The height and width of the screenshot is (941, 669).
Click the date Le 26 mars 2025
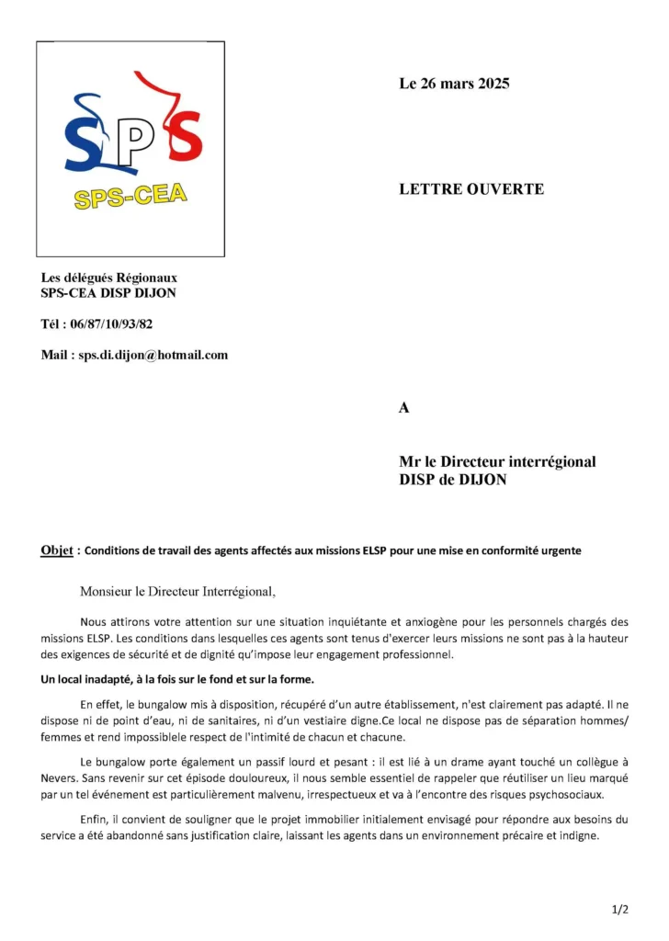pos(454,84)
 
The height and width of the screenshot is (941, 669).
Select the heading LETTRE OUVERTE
pos(471,189)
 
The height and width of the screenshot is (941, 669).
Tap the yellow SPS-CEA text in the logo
pos(130,197)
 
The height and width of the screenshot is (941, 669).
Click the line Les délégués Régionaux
pos(109,278)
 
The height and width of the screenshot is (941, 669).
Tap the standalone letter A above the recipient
pos(404,408)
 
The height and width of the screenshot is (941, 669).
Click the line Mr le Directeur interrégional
pos(497,461)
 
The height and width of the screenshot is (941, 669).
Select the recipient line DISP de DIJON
pos(452,479)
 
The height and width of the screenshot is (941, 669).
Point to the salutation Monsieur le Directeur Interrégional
pos(177,591)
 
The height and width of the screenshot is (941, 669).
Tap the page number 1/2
pos(619,910)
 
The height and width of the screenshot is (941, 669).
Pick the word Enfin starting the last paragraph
pos(95,819)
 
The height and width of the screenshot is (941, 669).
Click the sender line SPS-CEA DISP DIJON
pos(108,293)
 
